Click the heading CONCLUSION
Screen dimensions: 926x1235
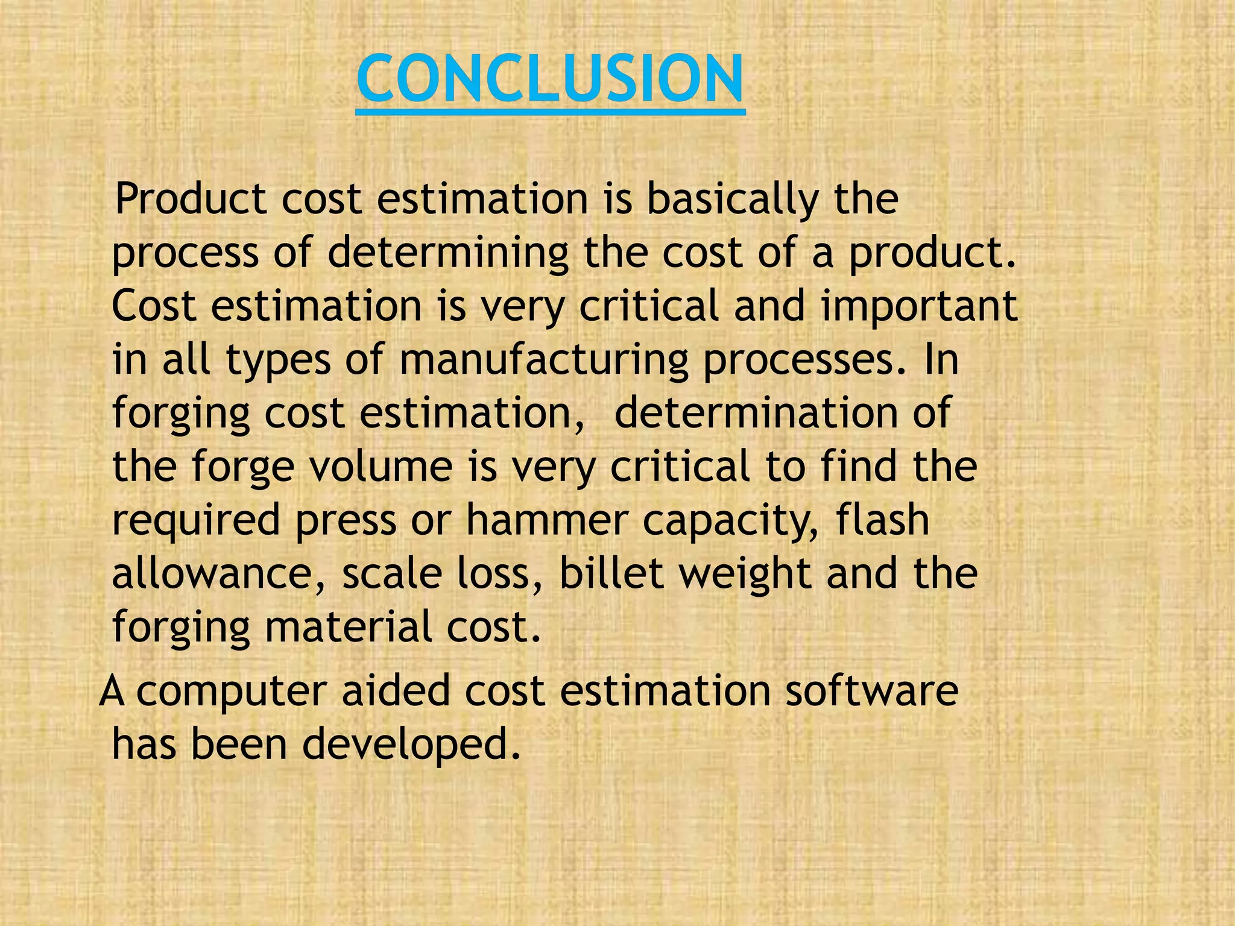(x=550, y=79)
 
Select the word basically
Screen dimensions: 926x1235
(x=733, y=198)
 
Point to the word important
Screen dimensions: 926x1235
(x=920, y=306)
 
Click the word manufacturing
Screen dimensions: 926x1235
(x=543, y=360)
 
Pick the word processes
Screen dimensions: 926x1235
(x=805, y=360)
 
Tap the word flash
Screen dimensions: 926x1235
(x=882, y=520)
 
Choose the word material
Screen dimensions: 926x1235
(x=348, y=626)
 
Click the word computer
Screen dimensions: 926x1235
(x=232, y=691)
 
